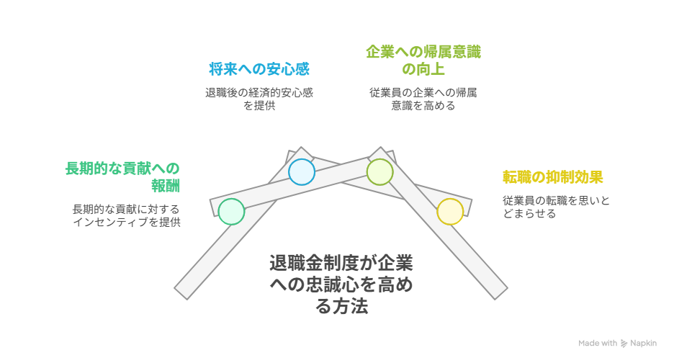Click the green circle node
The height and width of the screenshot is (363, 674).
pos(231,212)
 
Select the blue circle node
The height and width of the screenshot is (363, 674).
pos(301,172)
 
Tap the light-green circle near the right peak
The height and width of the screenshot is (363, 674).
pos(379,172)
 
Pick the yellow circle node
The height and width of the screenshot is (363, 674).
pos(450,212)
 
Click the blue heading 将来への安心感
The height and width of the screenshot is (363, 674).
pos(259,70)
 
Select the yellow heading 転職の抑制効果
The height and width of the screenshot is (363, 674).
pos(552,177)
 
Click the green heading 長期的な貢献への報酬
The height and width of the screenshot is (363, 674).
pos(122,176)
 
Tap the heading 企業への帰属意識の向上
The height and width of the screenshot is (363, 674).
pos(423,60)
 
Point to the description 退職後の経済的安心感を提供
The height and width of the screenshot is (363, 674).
pos(259,99)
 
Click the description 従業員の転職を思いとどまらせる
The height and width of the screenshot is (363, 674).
pos(556,207)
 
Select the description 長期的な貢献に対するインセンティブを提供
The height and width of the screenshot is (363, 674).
pos(126,215)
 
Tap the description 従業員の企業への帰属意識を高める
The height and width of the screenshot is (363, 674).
pos(423,99)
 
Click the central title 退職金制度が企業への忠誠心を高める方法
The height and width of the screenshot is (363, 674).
pos(341,284)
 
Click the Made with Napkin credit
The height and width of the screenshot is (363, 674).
pos(617,344)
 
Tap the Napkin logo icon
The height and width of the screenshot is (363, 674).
pos(624,344)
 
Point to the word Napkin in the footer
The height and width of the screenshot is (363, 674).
pos(643,344)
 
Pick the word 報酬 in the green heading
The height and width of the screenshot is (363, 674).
pos(166,185)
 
